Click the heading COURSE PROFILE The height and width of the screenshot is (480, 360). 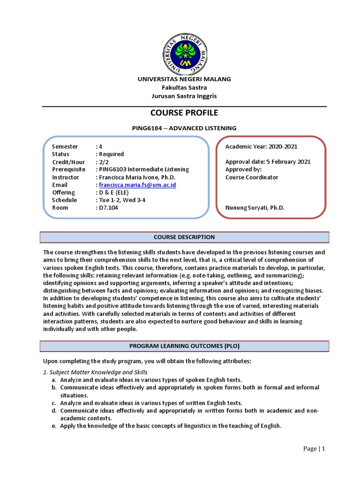[x=184, y=113]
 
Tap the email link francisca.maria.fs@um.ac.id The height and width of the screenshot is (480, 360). [x=137, y=185]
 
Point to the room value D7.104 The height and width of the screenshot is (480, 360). [x=108, y=208]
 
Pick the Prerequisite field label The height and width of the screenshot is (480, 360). [x=68, y=169]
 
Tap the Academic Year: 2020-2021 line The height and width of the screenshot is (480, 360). [x=261, y=147]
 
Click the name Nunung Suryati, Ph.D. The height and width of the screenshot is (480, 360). [x=255, y=208]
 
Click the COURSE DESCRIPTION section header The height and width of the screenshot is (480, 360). [x=184, y=237]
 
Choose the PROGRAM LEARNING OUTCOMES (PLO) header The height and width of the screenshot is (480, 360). [x=184, y=346]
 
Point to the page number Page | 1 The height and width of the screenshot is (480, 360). [x=314, y=449]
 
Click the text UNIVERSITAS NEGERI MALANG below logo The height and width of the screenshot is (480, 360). [x=184, y=79]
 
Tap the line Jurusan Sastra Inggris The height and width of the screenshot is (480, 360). [x=184, y=96]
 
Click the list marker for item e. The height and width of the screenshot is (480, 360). [x=54, y=426]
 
